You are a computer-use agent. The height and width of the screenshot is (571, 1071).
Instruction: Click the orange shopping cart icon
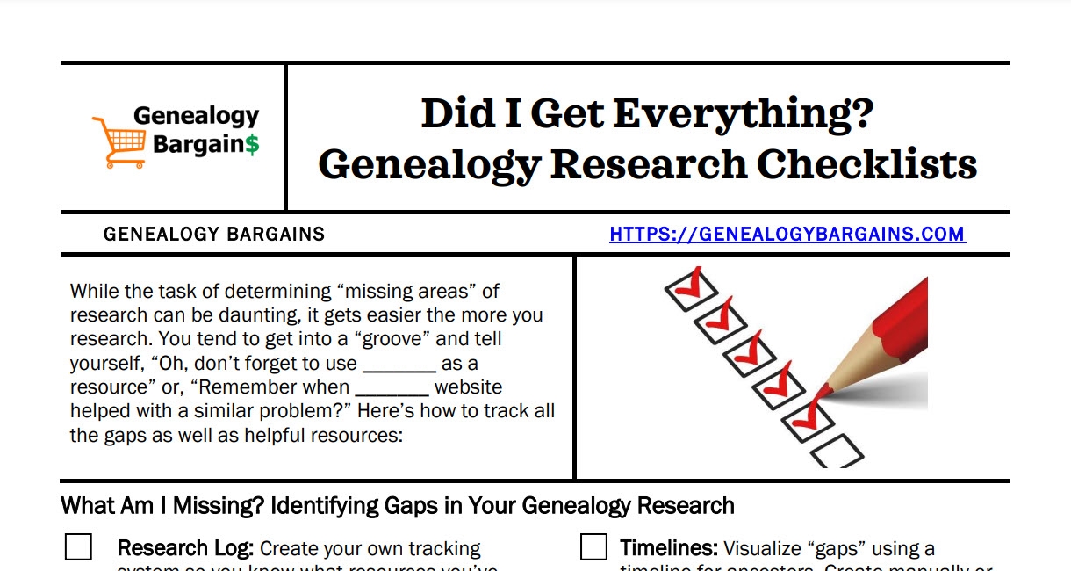coord(119,141)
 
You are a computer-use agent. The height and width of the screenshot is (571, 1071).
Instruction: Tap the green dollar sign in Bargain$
coord(252,143)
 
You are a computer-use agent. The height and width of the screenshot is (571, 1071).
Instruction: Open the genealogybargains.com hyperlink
coord(787,235)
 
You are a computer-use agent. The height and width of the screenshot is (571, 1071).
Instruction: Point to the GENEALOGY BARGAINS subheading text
coord(214,235)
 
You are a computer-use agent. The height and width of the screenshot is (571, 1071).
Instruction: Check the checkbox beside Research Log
coord(78,547)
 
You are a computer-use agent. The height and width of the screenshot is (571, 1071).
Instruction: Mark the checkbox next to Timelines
coord(593,547)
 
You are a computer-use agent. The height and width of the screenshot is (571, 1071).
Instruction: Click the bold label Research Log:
coord(185,549)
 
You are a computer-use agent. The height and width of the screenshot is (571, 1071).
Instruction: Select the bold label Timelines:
coord(669,549)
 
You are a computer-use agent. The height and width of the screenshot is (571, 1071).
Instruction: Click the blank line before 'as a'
coord(399,364)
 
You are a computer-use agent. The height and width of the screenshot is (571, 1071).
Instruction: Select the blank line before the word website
coord(392,387)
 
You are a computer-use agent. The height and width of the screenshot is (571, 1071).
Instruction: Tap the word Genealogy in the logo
coord(196,116)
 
